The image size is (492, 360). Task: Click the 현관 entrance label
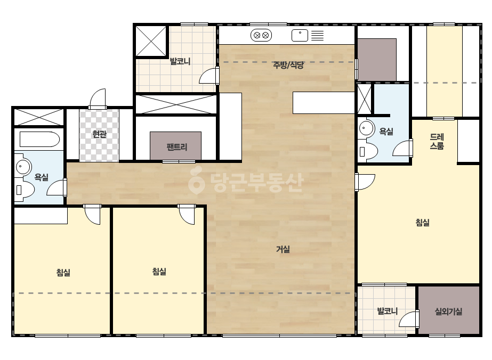[x=99, y=134]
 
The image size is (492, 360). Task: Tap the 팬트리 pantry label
[x=177, y=147]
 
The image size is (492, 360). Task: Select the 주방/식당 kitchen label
[x=288, y=65]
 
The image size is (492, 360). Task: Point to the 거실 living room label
[x=283, y=249]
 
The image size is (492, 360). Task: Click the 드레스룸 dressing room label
[x=437, y=141]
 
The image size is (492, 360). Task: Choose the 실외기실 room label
[x=448, y=312]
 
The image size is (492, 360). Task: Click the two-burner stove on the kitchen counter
[x=261, y=35]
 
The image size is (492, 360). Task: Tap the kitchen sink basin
[x=300, y=36]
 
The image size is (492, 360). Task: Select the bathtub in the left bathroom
[x=39, y=139]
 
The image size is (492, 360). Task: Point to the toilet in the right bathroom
[x=368, y=151]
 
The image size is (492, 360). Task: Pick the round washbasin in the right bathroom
[x=367, y=128]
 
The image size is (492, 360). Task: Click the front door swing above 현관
[x=98, y=99]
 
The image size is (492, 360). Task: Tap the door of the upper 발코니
[x=209, y=76]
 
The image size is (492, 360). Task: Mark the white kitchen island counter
[x=324, y=103]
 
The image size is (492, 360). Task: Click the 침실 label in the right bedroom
[x=422, y=222]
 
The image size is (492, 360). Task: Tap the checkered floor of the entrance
[x=99, y=135]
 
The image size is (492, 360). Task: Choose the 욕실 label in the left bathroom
[x=41, y=177]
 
